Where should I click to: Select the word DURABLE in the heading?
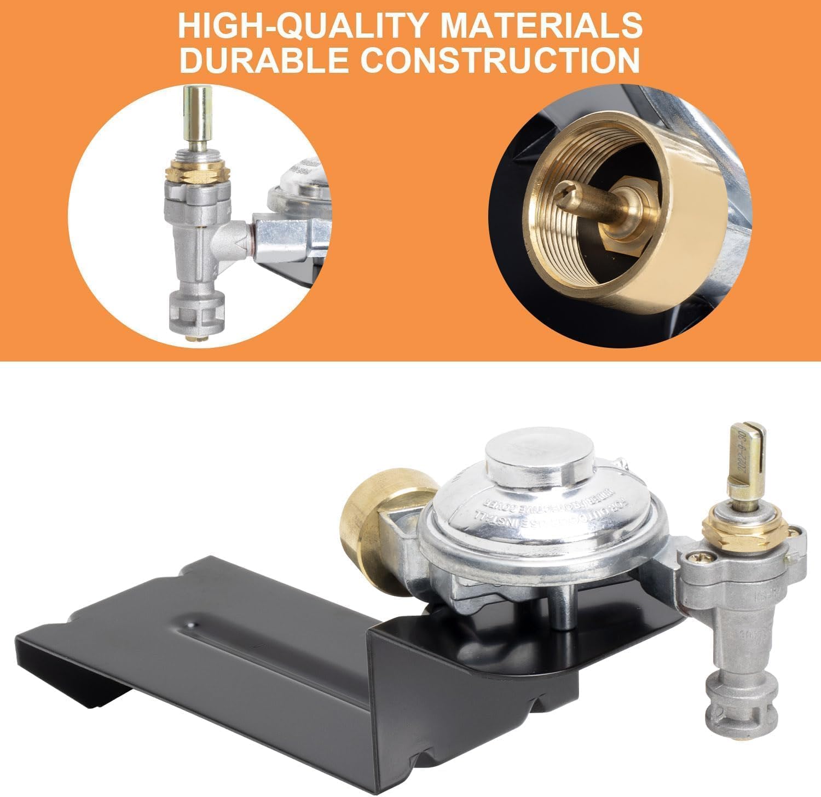[x=263, y=60]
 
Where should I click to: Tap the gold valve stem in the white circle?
[x=197, y=121]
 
